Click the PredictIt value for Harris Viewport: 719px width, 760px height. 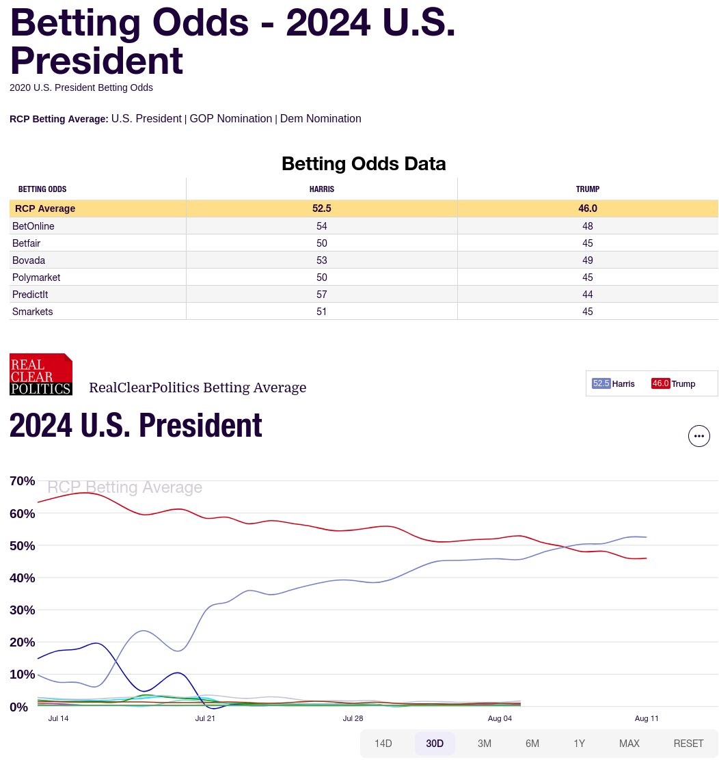pyautogui.click(x=322, y=295)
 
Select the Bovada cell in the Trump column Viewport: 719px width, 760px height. pyautogui.click(x=588, y=260)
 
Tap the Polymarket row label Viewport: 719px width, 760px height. pyautogui.click(x=36, y=277)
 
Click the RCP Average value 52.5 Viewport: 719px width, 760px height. pyautogui.click(x=322, y=208)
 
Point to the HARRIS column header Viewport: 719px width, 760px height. pyautogui.click(x=322, y=189)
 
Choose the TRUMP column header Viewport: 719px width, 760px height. pyautogui.click(x=588, y=189)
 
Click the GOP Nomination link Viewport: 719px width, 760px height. pyautogui.click(x=230, y=119)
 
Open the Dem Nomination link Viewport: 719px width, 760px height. pyautogui.click(x=321, y=119)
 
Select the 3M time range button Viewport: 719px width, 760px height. pyautogui.click(x=485, y=744)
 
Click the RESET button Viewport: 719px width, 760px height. pyautogui.click(x=688, y=744)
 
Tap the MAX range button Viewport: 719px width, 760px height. pyautogui.click(x=629, y=744)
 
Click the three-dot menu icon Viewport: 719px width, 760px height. pyautogui.click(x=698, y=435)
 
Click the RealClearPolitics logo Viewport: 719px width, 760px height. pyautogui.click(x=41, y=375)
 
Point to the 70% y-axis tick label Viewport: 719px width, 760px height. pyautogui.click(x=23, y=481)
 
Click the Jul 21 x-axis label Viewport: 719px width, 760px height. pyautogui.click(x=205, y=719)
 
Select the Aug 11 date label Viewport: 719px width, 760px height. pyautogui.click(x=646, y=719)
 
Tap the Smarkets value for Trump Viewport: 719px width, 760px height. pyautogui.click(x=588, y=312)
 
